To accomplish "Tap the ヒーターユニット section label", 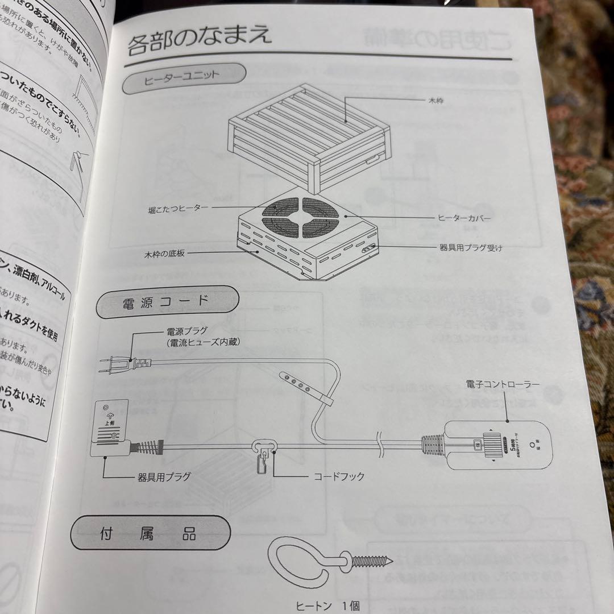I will (x=183, y=78).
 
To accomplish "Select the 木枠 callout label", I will (x=437, y=100).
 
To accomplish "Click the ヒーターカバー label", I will (x=463, y=217).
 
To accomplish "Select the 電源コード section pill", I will (x=167, y=301).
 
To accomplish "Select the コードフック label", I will (x=339, y=476).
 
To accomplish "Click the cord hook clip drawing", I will (x=264, y=452).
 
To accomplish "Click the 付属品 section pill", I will (x=151, y=534).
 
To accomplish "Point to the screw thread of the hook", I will (x=372, y=561).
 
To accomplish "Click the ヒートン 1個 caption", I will (x=327, y=606).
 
